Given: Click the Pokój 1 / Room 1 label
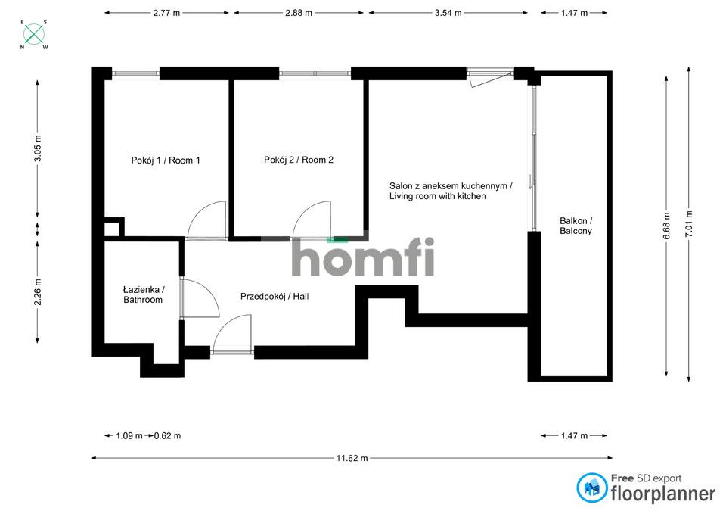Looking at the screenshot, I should click(x=166, y=160).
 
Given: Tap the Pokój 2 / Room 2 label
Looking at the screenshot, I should click(x=299, y=160).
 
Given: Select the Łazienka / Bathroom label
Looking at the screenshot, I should click(x=143, y=294).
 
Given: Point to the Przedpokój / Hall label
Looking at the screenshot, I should click(x=275, y=296).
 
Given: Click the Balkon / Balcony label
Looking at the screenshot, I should click(x=576, y=225).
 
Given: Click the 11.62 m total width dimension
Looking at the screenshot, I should click(x=352, y=458).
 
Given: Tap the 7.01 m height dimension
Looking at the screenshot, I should click(x=689, y=223).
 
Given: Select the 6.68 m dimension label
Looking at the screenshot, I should click(x=666, y=225).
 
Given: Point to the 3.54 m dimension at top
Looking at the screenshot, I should click(x=448, y=13).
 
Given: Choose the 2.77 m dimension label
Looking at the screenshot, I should click(x=169, y=13).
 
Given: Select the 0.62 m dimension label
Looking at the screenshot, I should click(x=167, y=435).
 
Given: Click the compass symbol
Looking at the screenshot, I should click(x=34, y=34).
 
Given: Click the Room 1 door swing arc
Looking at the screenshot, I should click(x=207, y=220).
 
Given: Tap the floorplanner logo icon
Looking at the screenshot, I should click(x=592, y=488).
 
